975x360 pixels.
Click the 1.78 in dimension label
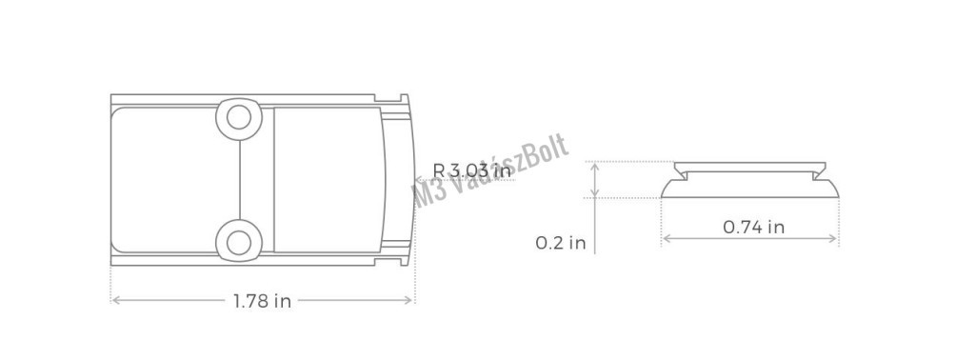pyautogui.click(x=262, y=302)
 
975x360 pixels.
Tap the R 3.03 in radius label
pyautogui.click(x=471, y=170)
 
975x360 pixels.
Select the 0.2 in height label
pyautogui.click(x=560, y=243)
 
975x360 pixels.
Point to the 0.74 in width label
pyautogui.click(x=753, y=228)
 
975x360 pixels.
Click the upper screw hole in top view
pyautogui.click(x=238, y=117)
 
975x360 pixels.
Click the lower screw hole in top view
pyautogui.click(x=238, y=242)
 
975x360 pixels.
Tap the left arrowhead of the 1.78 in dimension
pyautogui.click(x=114, y=300)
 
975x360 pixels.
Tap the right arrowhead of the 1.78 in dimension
pyautogui.click(x=409, y=300)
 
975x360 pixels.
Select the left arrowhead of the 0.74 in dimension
pyautogui.click(x=666, y=238)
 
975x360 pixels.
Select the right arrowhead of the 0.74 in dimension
pyautogui.click(x=834, y=238)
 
